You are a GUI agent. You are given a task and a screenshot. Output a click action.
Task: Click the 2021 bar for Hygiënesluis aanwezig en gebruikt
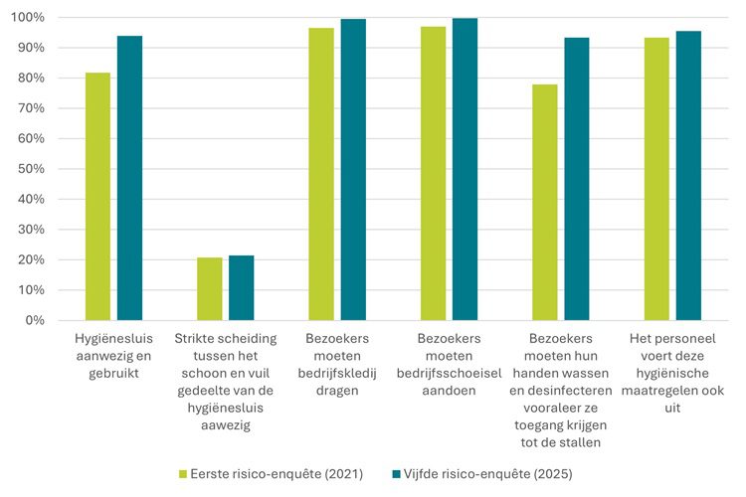97,197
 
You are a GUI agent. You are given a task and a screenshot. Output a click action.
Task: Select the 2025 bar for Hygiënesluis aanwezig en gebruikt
129,178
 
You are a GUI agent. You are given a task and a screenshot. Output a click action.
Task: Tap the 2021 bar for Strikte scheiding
209,288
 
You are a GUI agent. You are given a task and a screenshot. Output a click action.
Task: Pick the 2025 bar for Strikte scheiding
241,287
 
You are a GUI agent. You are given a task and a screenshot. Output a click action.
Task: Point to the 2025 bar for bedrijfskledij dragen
353,170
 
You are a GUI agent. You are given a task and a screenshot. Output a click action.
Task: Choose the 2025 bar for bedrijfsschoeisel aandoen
465,169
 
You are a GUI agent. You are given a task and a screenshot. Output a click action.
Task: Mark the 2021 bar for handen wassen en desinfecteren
545,203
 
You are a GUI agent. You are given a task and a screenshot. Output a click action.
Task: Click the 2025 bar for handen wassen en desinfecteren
577,179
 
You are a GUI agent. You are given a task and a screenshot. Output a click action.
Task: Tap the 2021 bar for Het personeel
656,179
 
